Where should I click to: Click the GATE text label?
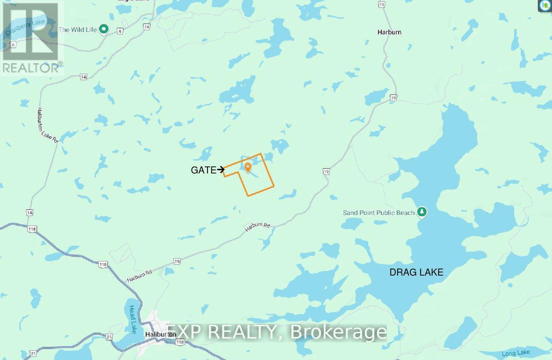(x=203, y=170)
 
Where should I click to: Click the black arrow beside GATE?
(x=221, y=170)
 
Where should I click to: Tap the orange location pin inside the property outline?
(x=248, y=167)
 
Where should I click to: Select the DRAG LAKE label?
(x=416, y=272)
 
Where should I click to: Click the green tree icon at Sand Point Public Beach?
(x=422, y=212)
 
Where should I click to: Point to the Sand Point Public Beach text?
(x=378, y=213)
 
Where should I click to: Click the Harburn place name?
(x=389, y=32)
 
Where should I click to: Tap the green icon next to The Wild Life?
(x=104, y=29)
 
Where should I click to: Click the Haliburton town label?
(x=161, y=334)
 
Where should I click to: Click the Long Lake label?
(x=516, y=353)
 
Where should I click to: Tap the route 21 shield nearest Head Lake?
(x=109, y=337)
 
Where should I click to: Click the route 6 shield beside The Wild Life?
(x=121, y=31)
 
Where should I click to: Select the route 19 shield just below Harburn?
(x=392, y=98)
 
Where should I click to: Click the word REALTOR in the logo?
(x=30, y=68)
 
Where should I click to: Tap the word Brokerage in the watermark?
(x=338, y=332)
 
